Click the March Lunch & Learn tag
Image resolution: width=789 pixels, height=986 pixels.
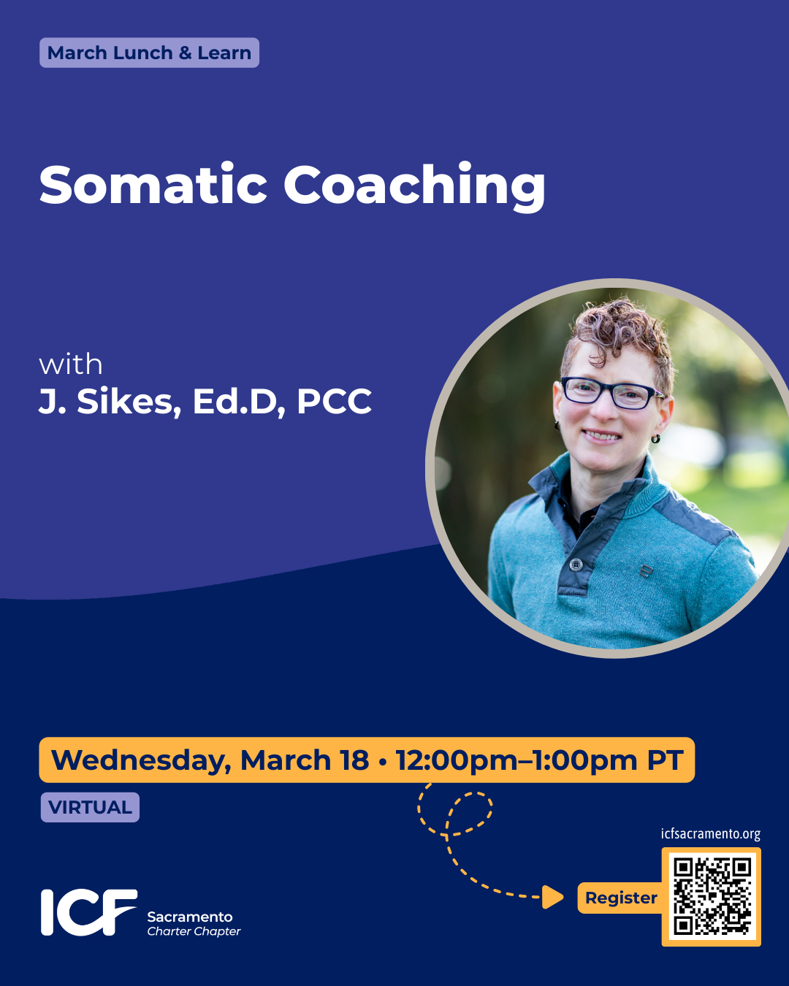[149, 53]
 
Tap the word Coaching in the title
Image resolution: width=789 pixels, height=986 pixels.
[414, 186]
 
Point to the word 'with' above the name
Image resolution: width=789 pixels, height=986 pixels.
[71, 364]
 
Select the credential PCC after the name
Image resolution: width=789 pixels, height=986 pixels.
[335, 401]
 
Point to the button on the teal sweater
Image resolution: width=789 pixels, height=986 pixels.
[576, 564]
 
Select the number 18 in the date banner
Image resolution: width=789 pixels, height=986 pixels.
[354, 760]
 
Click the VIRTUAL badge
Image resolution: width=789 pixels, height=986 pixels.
[90, 807]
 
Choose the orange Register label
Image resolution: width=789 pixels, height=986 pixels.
[621, 898]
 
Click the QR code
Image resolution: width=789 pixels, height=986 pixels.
[712, 897]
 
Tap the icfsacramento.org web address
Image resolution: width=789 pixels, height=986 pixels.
[710, 833]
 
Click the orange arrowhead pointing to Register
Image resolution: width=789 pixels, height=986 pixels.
[553, 897]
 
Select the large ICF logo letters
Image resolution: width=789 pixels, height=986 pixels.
[88, 912]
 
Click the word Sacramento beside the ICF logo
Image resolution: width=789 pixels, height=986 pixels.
[190, 917]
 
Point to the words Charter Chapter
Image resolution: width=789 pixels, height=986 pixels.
[194, 931]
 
